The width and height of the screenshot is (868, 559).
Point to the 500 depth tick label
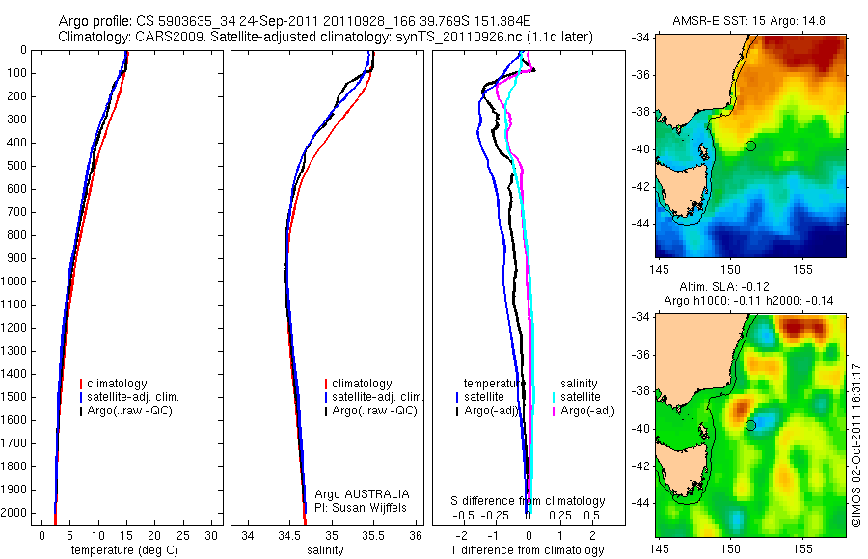point(19,166)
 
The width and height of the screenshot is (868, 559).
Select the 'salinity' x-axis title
point(325,550)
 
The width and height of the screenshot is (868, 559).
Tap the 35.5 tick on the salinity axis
point(374,535)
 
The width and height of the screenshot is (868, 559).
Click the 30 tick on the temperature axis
point(213,535)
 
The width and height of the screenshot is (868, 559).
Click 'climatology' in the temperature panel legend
point(118,384)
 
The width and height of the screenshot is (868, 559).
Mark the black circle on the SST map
point(750,146)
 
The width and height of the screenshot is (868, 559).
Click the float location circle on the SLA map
point(750,425)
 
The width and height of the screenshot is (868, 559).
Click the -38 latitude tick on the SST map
point(642,112)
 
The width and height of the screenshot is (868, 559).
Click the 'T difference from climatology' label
point(528,550)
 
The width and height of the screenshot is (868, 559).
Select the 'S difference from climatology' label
point(529,501)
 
